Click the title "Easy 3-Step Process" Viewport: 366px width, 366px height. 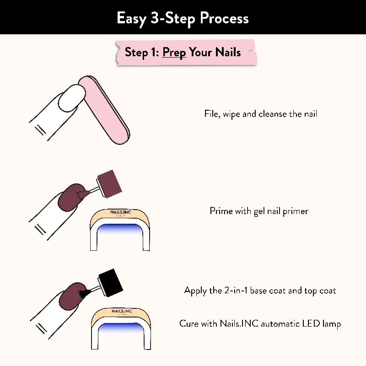pos(183,18)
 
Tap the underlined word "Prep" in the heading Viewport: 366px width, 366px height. pos(174,52)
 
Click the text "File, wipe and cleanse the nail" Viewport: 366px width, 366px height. pos(260,114)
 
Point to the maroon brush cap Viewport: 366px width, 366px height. pos(109,183)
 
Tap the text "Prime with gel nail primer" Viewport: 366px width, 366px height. pos(259,211)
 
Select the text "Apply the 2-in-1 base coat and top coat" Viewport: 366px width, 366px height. pos(260,291)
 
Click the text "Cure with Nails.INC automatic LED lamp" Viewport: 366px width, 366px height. pos(260,324)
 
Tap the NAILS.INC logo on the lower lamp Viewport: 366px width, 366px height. pos(121,311)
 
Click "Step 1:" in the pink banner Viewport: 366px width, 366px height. pos(142,52)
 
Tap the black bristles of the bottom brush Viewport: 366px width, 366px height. pos(83,291)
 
